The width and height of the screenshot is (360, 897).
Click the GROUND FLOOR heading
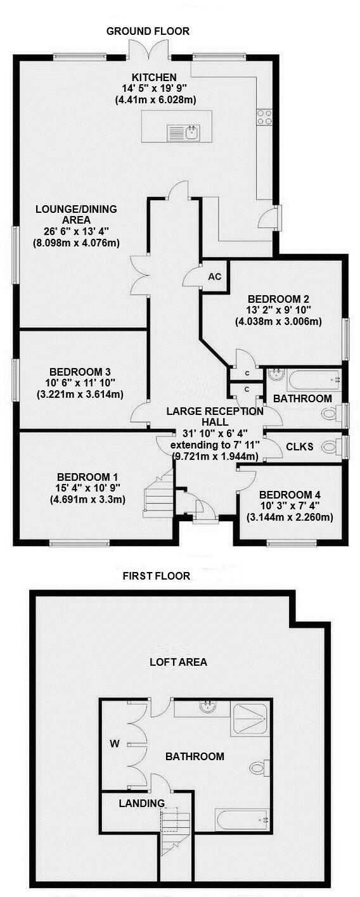click(148, 31)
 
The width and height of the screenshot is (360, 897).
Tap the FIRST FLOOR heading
click(157, 576)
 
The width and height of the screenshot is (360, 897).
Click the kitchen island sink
click(184, 133)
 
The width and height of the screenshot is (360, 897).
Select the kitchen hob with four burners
click(264, 116)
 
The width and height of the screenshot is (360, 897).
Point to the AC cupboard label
click(215, 277)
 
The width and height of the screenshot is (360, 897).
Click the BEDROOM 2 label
click(278, 299)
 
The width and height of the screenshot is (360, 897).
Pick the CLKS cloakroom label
click(300, 446)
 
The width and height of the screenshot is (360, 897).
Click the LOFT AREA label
click(178, 663)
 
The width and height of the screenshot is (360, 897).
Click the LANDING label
click(137, 803)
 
